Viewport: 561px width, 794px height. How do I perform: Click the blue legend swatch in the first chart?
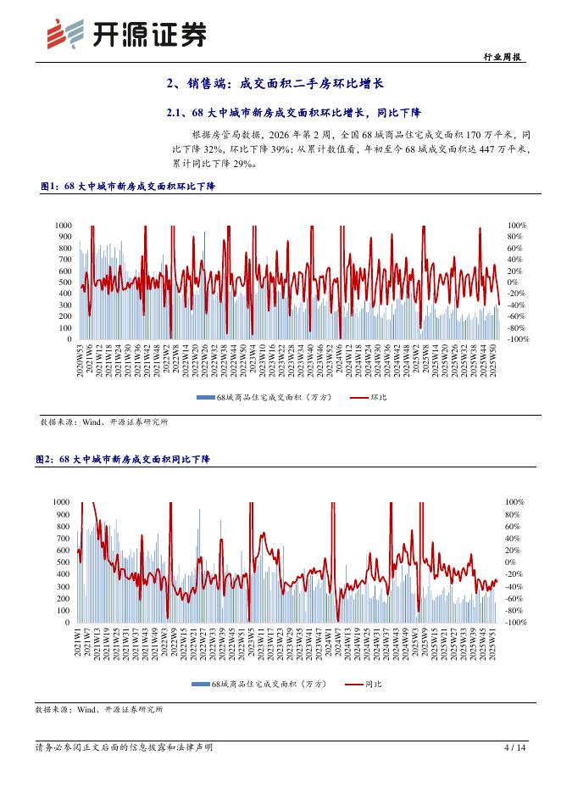[x=205, y=397]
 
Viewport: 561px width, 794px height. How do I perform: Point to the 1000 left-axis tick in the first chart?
[x=63, y=225]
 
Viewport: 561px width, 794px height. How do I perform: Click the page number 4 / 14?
[x=514, y=747]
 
